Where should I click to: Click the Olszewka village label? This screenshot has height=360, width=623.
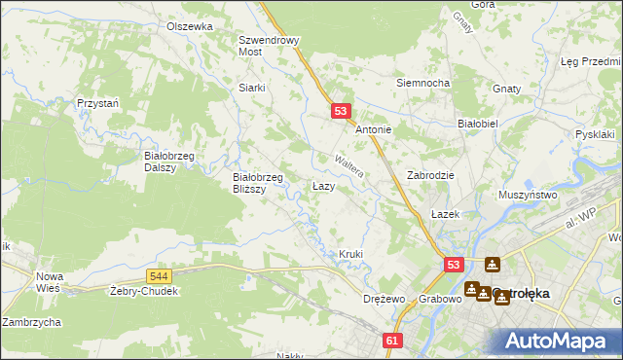click(189, 26)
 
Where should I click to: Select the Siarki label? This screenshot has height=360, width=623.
click(252, 87)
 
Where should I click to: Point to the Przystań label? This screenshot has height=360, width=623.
click(98, 103)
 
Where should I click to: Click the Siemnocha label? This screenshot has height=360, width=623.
click(421, 83)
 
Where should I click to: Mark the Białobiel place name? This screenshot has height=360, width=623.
click(478, 125)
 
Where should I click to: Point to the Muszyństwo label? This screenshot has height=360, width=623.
click(527, 196)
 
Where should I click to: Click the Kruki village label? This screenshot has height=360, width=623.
click(350, 254)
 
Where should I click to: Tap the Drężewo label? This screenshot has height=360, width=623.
click(383, 299)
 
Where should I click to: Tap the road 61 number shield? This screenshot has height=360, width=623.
click(392, 341)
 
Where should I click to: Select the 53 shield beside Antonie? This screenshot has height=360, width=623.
click(340, 112)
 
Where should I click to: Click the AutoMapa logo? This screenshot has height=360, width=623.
click(559, 341)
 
